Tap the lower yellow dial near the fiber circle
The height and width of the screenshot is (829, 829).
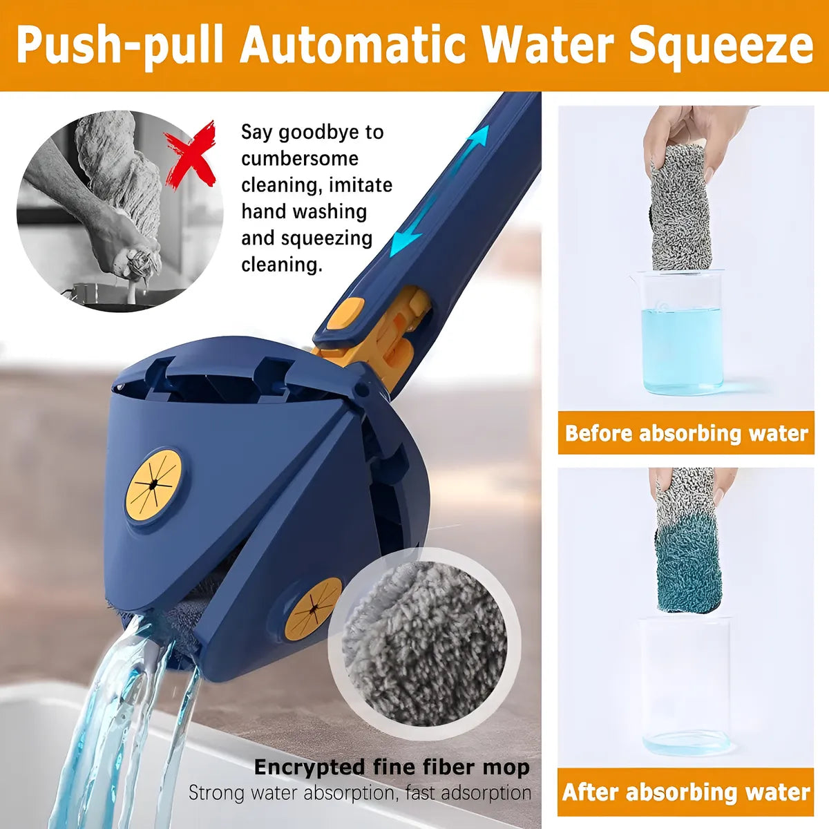313,609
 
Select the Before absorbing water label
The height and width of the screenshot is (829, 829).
686,432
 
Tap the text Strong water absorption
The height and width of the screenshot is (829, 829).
292,793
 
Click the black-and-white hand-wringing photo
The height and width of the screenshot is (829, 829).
120,211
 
